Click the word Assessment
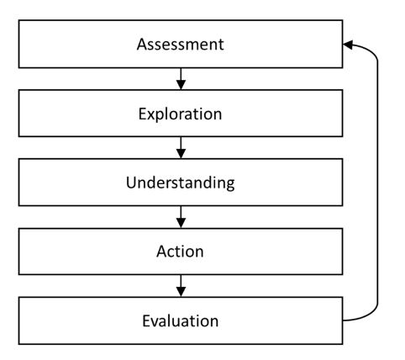(x=181, y=45)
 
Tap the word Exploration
(x=180, y=114)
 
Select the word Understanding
(x=181, y=183)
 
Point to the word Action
(x=180, y=251)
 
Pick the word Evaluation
(x=181, y=320)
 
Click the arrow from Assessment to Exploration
(x=181, y=79)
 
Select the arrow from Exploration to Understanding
(x=181, y=148)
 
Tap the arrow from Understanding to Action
(x=181, y=217)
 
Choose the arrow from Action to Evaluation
(x=181, y=286)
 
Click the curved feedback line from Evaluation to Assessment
(x=377, y=183)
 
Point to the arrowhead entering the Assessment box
(x=348, y=45)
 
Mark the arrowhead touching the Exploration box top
(x=181, y=85)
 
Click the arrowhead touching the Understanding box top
(x=181, y=154)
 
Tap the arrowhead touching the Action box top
(x=181, y=223)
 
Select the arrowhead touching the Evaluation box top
(x=181, y=292)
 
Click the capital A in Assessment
(x=141, y=45)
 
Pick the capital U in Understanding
(x=131, y=183)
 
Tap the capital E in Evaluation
(x=146, y=320)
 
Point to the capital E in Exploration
(x=142, y=114)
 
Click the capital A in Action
(x=161, y=251)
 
